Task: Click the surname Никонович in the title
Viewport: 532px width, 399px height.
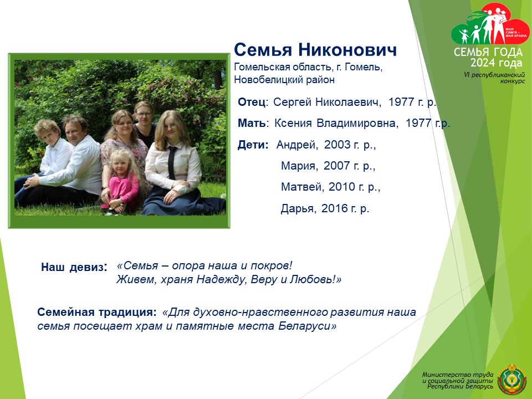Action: tap(347, 50)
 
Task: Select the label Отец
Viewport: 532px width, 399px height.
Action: tap(252, 102)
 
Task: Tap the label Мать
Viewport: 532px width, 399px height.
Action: tap(252, 123)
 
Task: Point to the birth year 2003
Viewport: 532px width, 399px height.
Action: tap(337, 145)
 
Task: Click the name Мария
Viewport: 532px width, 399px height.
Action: tap(299, 166)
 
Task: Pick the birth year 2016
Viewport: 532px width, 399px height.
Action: tap(335, 208)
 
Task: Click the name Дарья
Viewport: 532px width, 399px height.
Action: tap(297, 208)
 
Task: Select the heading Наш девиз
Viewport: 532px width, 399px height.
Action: tap(74, 267)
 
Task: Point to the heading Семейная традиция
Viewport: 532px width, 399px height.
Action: tap(97, 312)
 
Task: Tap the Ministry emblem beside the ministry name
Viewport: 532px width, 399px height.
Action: tap(512, 379)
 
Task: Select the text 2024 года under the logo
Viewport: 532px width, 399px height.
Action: tap(496, 63)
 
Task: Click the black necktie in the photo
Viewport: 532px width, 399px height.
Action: tap(172, 163)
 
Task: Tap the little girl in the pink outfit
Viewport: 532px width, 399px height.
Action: tap(121, 182)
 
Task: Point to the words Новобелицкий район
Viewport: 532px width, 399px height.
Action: tap(284, 80)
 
